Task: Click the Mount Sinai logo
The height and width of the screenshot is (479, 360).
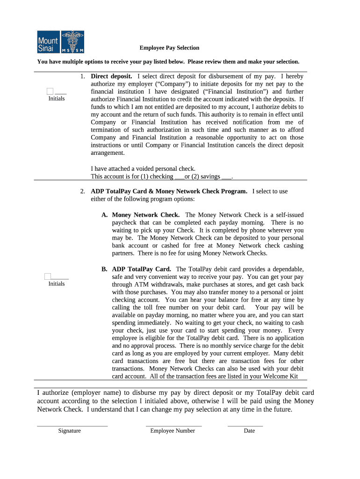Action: click(x=61, y=42)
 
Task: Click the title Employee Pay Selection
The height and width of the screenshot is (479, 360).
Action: click(x=169, y=48)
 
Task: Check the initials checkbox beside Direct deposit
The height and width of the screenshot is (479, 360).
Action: click(x=50, y=91)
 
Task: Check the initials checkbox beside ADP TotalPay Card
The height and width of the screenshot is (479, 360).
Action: click(x=48, y=276)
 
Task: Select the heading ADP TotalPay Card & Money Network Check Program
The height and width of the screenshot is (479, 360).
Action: click(x=169, y=191)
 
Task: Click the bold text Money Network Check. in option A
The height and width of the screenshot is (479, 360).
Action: click(x=146, y=215)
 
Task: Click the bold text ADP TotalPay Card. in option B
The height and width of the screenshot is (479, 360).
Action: click(x=142, y=269)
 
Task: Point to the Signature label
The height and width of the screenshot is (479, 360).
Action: click(x=69, y=431)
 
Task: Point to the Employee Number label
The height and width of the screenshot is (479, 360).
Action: click(x=173, y=431)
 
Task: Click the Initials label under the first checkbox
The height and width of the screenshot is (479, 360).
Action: click(x=57, y=99)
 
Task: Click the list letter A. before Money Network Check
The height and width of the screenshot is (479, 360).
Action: click(x=105, y=215)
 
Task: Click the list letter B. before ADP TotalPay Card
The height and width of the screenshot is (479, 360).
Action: click(x=105, y=269)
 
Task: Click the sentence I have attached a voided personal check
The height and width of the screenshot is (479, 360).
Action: click(x=143, y=169)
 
